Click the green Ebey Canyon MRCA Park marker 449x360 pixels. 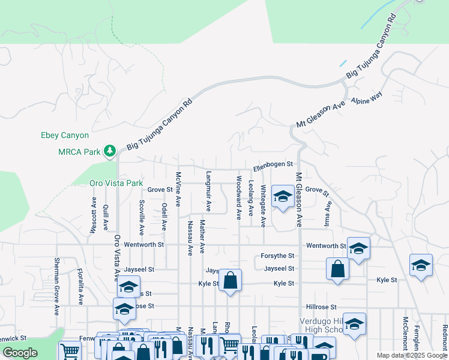(x=109, y=151)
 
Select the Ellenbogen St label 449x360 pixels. (x=272, y=164)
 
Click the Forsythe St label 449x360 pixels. (x=277, y=256)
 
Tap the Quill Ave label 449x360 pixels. (x=106, y=217)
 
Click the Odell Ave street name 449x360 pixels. (x=163, y=217)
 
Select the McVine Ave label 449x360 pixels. (x=178, y=190)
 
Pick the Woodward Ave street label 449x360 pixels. (x=238, y=197)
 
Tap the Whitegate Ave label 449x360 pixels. (x=263, y=206)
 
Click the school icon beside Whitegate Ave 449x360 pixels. (x=283, y=196)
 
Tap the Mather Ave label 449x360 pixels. (x=202, y=236)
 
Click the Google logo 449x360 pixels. (x=20, y=353)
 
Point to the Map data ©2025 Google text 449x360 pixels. (x=411, y=355)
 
